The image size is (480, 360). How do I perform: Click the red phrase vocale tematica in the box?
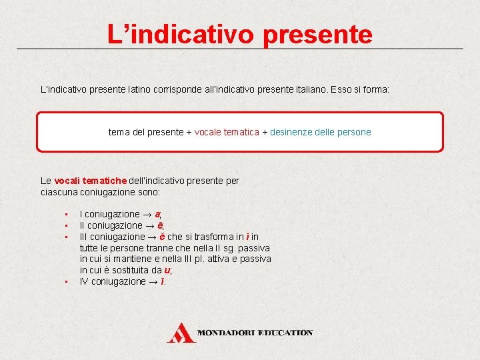pyautogui.click(x=227, y=132)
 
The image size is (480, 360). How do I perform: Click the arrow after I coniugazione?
pyautogui.click(x=146, y=215)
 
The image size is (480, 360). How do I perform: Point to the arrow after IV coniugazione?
pyautogui.click(x=153, y=282)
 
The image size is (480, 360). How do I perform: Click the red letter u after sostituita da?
pyautogui.click(x=167, y=271)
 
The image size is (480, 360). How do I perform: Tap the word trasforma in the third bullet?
pyautogui.click(x=205, y=237)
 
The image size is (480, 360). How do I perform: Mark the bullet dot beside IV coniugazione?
pyautogui.click(x=67, y=282)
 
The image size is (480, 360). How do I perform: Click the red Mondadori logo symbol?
pyautogui.click(x=181, y=333)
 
